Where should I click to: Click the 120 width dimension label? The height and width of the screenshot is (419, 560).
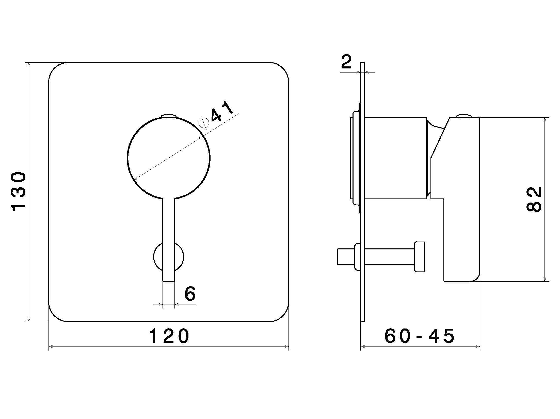[x=169, y=336]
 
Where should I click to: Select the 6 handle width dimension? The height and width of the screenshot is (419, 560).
[x=190, y=294]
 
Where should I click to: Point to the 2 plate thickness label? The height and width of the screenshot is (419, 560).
[x=346, y=61]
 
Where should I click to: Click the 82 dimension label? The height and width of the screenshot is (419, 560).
[x=534, y=199]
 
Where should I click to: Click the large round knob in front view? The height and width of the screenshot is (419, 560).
[x=169, y=158]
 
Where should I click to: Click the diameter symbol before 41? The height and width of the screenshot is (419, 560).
[x=204, y=123]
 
